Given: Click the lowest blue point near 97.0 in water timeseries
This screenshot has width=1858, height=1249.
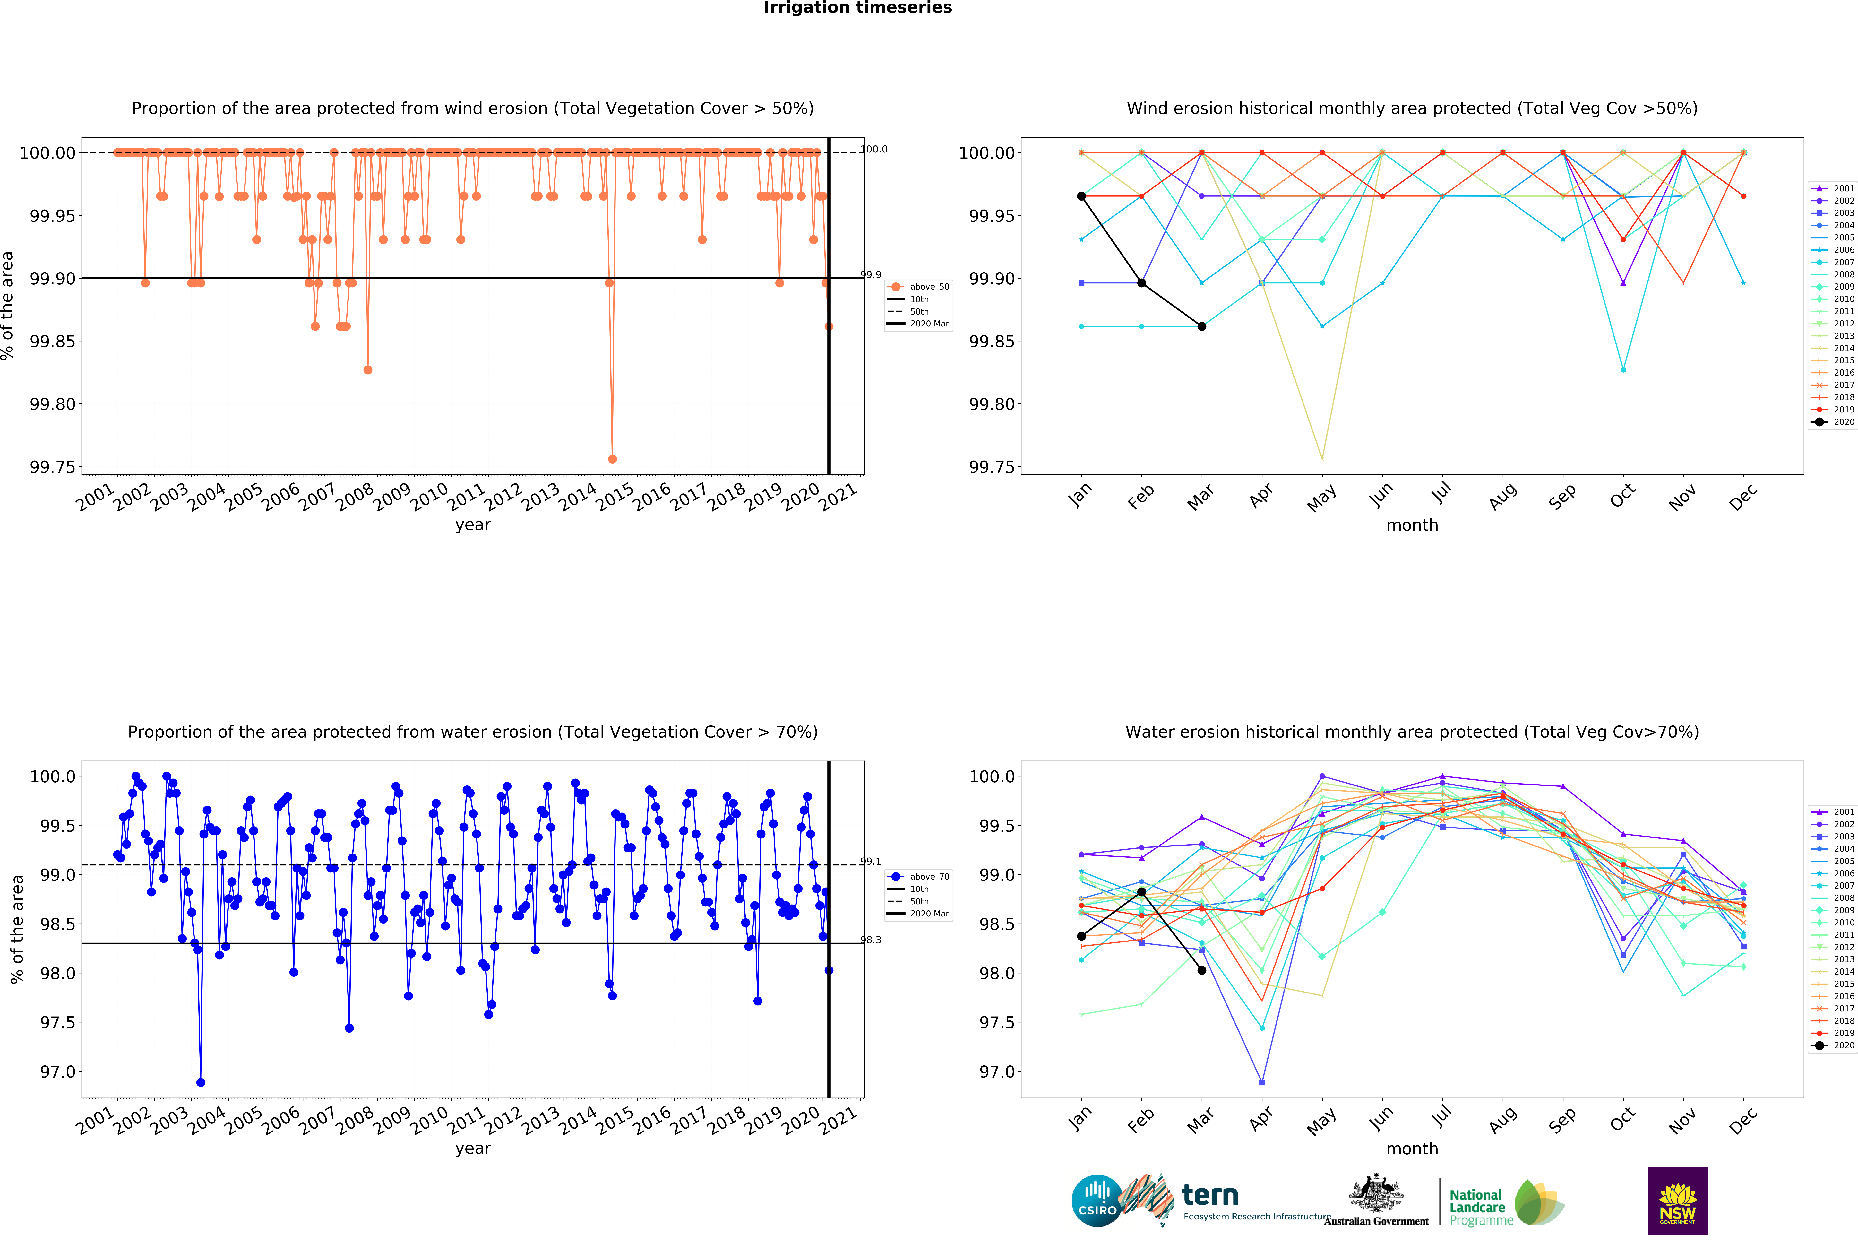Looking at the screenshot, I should [x=201, y=1082].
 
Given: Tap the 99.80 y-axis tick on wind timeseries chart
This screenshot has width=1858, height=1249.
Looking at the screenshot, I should [x=53, y=404].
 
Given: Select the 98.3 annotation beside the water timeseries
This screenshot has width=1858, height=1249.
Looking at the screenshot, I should [x=871, y=940].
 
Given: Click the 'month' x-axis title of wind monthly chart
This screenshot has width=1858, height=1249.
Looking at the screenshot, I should [x=1412, y=525].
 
